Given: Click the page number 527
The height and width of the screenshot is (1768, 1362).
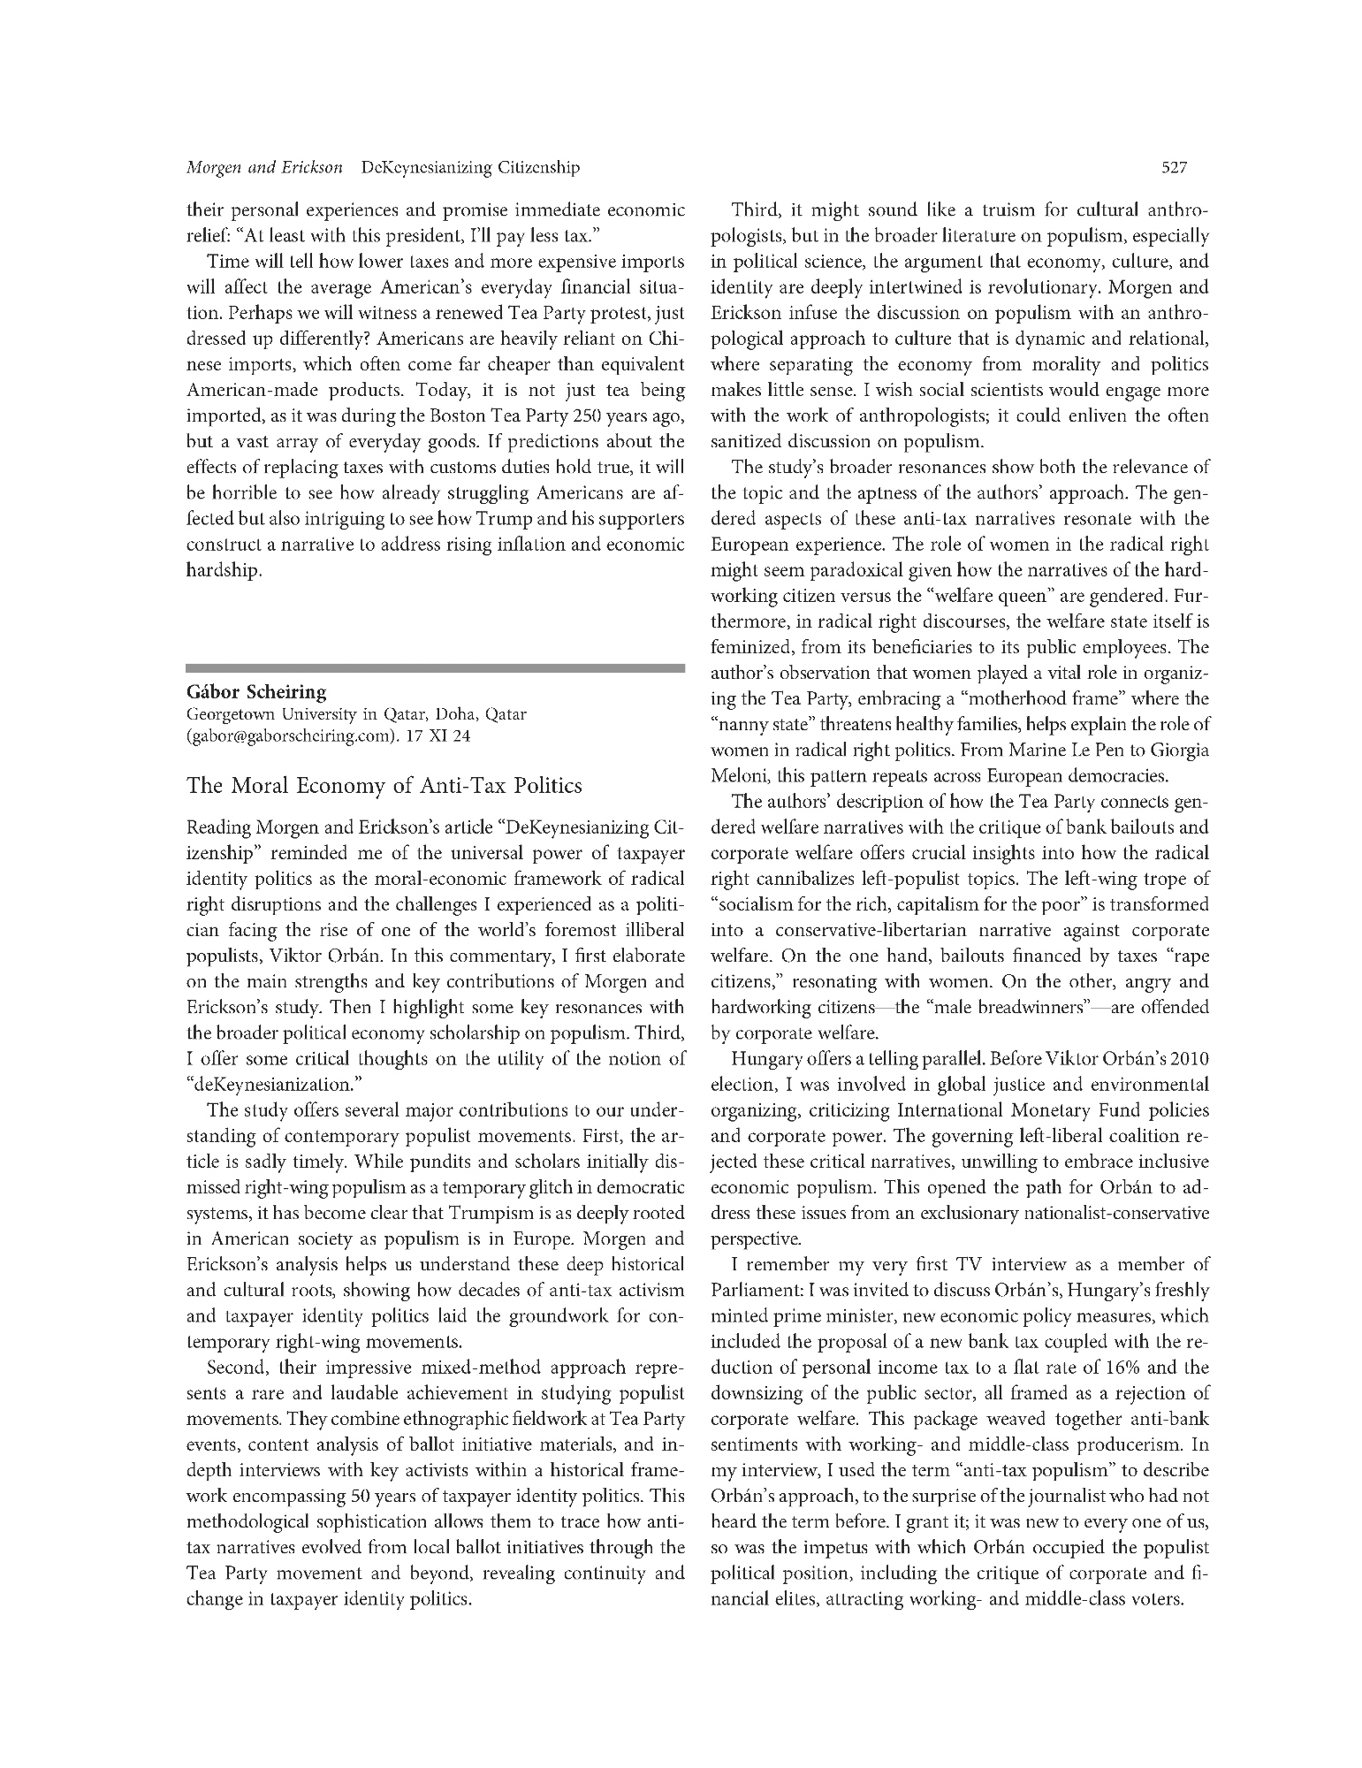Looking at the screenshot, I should [x=1175, y=167].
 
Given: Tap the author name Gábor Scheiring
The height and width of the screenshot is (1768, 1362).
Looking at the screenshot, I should [x=256, y=691].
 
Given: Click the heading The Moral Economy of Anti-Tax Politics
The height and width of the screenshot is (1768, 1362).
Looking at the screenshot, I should [x=384, y=785].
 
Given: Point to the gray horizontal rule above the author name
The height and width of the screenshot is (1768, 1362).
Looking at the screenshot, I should [x=436, y=669].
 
